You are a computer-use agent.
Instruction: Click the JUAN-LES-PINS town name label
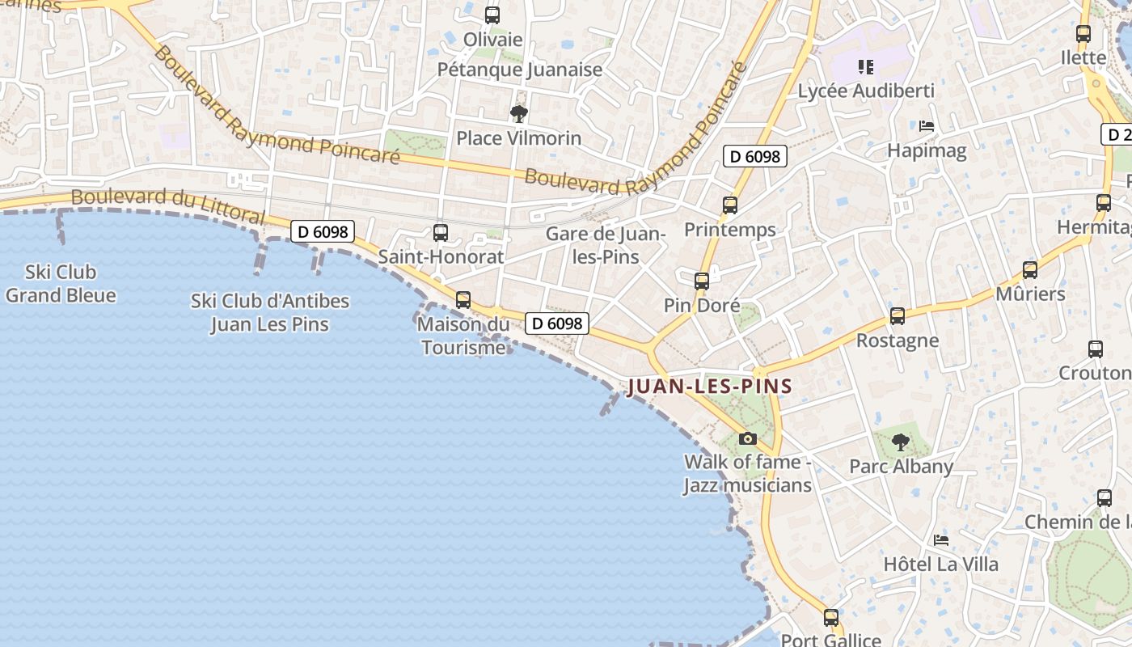click(709, 387)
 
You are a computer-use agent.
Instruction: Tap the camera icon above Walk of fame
click(748, 438)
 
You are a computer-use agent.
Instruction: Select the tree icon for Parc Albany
click(900, 442)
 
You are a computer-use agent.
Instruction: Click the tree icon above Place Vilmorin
click(518, 114)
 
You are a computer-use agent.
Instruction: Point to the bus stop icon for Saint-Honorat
click(441, 233)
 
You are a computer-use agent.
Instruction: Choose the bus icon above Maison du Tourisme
click(463, 300)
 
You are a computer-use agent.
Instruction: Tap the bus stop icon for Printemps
click(730, 205)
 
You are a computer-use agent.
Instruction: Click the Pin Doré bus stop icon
click(702, 281)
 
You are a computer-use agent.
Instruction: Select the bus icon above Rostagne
click(898, 316)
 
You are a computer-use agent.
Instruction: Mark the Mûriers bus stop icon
click(1030, 270)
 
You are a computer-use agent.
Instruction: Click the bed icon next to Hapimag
click(927, 126)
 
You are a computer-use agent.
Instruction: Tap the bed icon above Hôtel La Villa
click(940, 540)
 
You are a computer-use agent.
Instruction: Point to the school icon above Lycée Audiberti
click(866, 66)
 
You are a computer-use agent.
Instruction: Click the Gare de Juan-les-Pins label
click(605, 245)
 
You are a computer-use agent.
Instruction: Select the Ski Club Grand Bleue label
click(61, 284)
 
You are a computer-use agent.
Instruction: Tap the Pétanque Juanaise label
click(520, 70)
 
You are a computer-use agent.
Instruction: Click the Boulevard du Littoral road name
click(167, 205)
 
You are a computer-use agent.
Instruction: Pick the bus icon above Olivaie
click(492, 15)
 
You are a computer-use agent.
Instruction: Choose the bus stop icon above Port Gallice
click(831, 618)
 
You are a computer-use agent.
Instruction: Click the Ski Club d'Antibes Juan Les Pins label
click(270, 312)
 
